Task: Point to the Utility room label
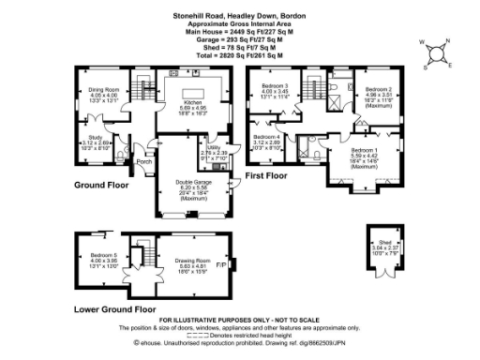tap(215, 147)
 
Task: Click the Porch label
tap(144, 160)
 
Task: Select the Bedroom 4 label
tap(266, 138)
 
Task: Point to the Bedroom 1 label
tap(365, 151)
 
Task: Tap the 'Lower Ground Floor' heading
tap(113, 307)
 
